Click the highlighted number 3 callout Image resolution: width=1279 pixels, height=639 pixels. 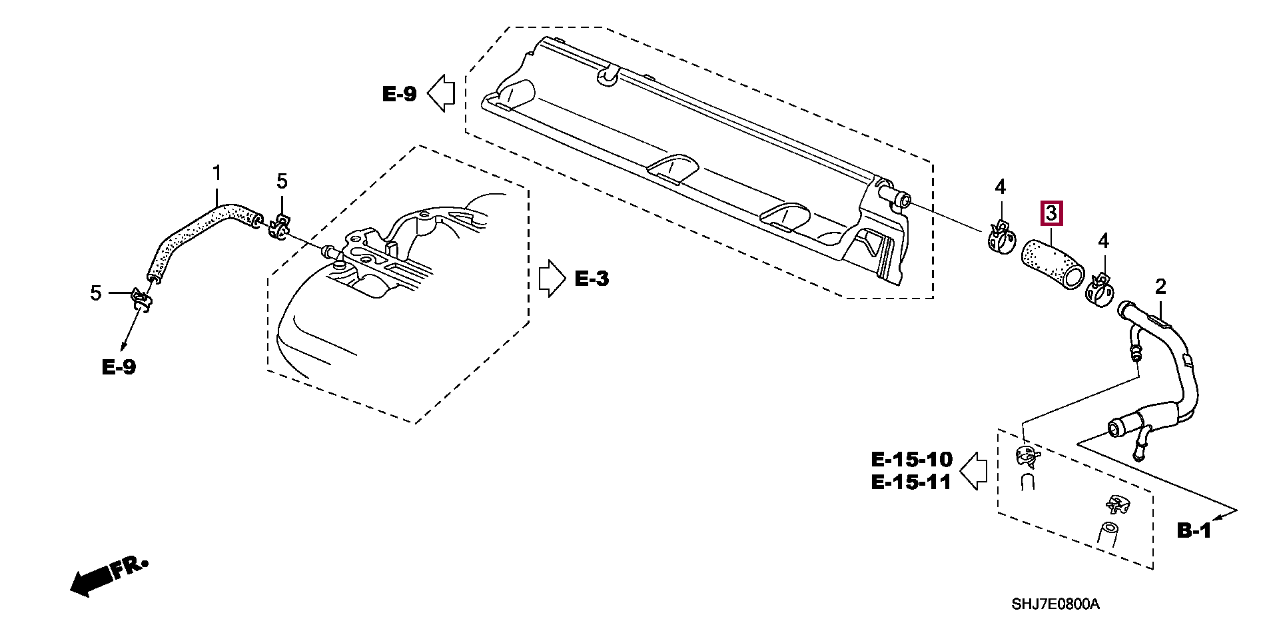(1051, 214)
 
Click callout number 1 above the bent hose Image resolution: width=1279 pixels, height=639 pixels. (216, 173)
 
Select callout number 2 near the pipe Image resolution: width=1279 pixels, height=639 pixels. (1160, 287)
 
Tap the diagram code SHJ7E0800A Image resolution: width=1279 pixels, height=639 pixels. (1055, 605)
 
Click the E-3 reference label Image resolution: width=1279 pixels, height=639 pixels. (592, 279)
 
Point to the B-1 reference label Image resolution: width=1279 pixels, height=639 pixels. (1194, 530)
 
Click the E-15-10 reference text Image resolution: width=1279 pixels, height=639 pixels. (912, 459)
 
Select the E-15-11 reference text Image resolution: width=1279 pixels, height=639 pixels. (911, 482)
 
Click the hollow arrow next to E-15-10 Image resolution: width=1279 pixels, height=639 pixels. (975, 470)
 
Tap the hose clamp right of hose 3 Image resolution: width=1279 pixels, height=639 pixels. (1100, 291)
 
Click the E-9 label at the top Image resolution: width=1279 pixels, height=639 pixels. (399, 94)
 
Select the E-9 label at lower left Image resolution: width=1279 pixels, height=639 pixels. (119, 366)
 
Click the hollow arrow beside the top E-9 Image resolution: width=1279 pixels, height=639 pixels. (440, 93)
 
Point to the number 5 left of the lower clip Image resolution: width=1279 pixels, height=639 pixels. (96, 293)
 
